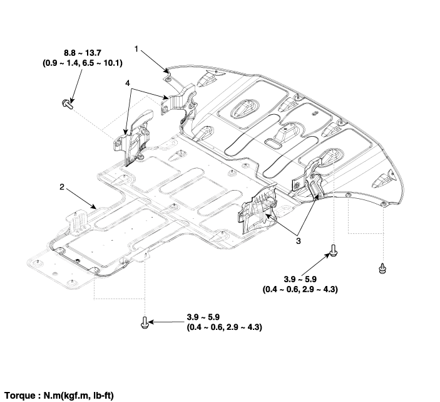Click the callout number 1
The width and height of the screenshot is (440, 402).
point(135,47)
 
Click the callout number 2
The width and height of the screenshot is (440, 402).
point(62,186)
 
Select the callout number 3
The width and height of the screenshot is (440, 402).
point(299,240)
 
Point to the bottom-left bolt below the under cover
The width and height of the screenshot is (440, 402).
point(145,322)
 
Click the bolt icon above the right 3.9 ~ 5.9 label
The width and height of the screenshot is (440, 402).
point(334,251)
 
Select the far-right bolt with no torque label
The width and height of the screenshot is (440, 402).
point(381,269)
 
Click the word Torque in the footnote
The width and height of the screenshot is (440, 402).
point(21,396)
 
